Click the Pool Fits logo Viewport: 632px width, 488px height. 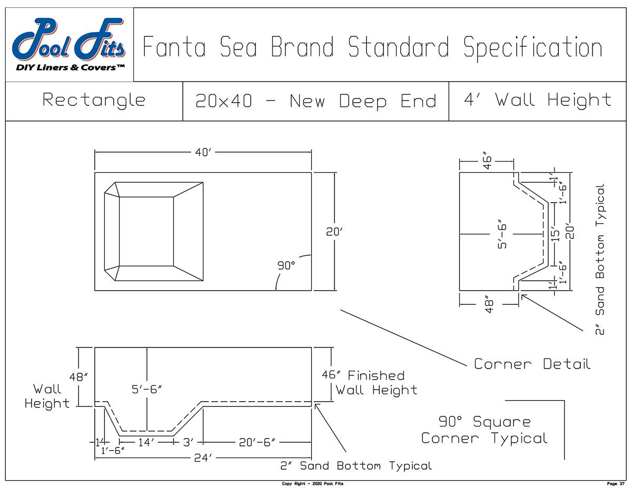coord(69,45)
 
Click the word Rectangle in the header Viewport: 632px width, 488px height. coord(94,100)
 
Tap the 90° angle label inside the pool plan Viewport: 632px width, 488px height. coord(287,266)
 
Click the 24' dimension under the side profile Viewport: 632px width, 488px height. coord(203,459)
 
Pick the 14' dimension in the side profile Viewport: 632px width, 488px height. coord(145,443)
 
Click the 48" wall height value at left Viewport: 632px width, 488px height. coord(78,377)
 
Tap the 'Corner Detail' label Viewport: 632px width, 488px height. coord(532,364)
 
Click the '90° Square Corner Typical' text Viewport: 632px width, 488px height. coord(484,430)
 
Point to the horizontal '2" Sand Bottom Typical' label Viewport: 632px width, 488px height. coord(355,466)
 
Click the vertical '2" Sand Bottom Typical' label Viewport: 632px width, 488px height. coord(600,258)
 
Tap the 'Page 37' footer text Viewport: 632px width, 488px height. coord(615,483)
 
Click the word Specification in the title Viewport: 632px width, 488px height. coord(532,47)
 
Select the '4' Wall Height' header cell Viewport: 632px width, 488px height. coord(537,100)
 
